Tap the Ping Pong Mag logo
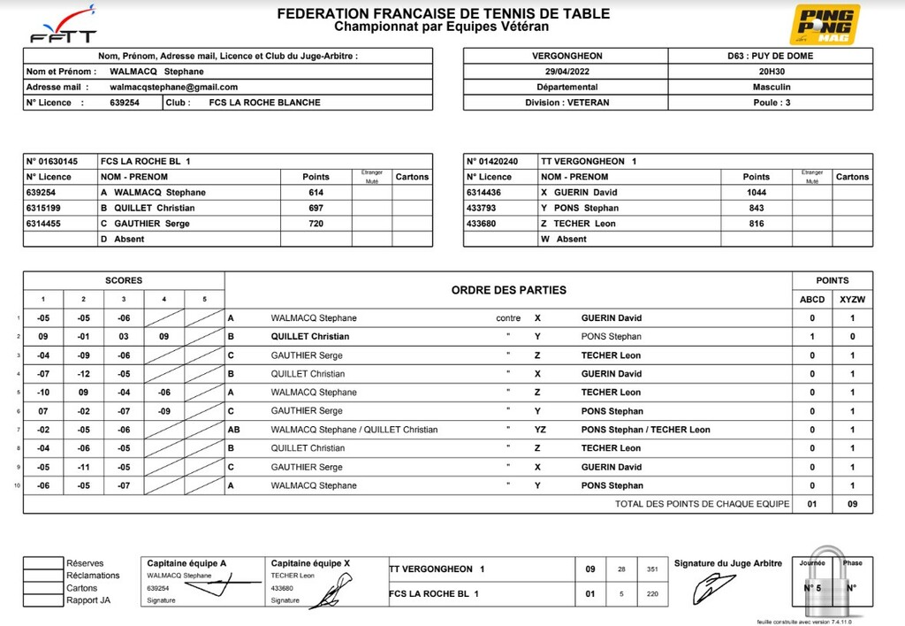824,25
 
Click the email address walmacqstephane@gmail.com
174,87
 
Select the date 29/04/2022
567,72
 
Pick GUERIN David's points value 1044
756,192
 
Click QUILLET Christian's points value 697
316,208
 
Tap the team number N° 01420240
494,161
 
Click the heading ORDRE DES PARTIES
508,290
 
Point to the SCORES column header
124,280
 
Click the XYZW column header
852,300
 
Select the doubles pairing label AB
234,430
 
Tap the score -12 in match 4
83,374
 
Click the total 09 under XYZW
852,504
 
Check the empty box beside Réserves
42,563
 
